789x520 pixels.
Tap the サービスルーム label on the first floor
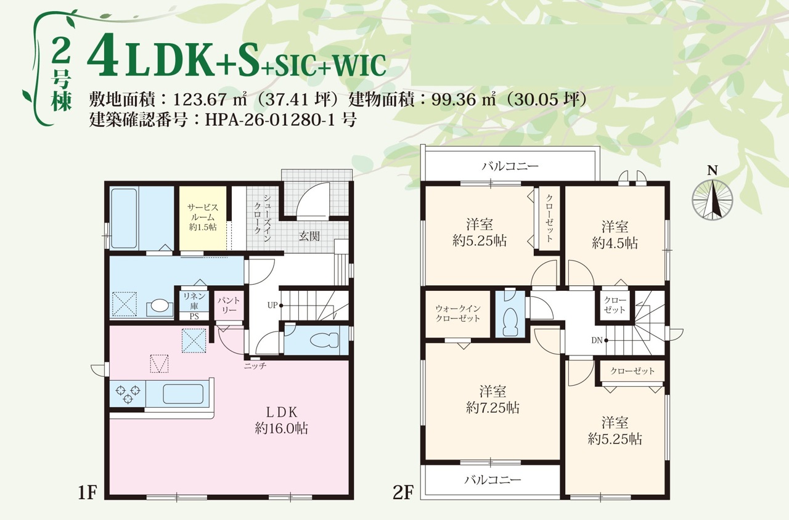[203, 217]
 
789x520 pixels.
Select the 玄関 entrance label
[309, 236]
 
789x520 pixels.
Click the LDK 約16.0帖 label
[282, 420]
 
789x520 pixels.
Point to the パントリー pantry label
[228, 306]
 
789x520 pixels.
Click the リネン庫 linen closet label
[194, 301]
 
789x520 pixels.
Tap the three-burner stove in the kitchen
[128, 394]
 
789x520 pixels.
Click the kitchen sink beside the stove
[183, 394]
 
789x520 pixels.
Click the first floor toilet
[324, 341]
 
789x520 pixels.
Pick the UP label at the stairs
[272, 305]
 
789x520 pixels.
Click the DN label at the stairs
[597, 341]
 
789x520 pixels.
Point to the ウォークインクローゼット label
[457, 314]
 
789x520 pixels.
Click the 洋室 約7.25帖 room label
[493, 400]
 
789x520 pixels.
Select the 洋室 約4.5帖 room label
[615, 235]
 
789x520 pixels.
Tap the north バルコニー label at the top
[510, 166]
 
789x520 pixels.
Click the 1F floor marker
[87, 493]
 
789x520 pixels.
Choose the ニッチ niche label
[255, 366]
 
